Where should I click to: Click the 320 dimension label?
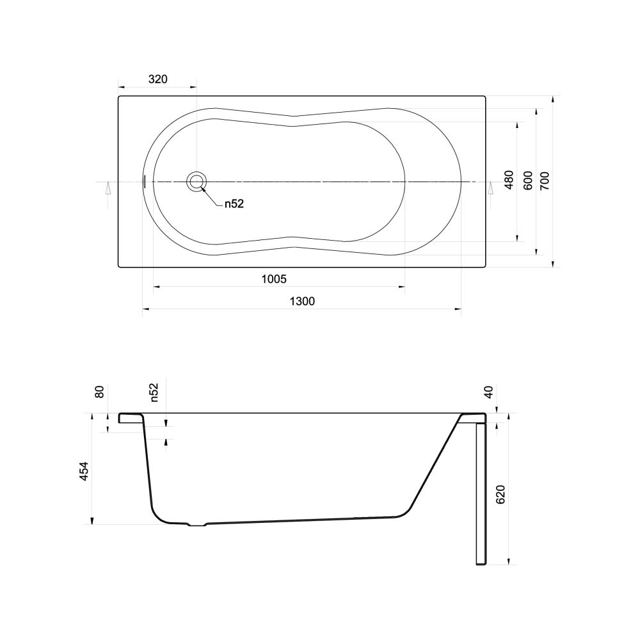click(x=157, y=79)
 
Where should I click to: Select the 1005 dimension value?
click(x=274, y=279)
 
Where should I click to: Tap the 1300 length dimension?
click(x=302, y=301)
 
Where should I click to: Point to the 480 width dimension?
click(x=509, y=180)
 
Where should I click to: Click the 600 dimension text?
click(x=528, y=180)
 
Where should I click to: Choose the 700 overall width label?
click(x=545, y=181)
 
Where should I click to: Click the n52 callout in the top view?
click(x=234, y=204)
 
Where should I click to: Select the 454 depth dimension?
click(x=84, y=470)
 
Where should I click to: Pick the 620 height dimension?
click(x=500, y=494)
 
